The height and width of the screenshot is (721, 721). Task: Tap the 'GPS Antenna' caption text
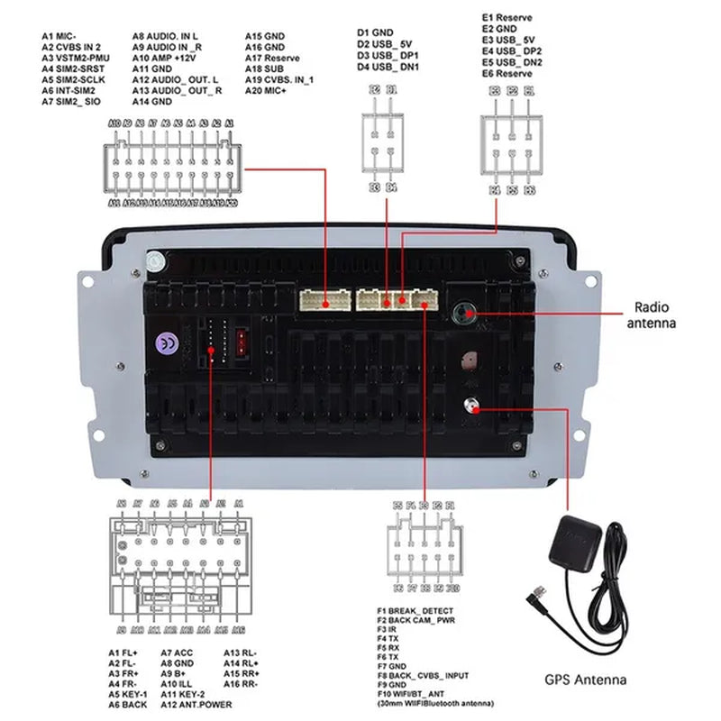coord(585,680)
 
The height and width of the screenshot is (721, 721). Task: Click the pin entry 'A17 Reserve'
coord(272,58)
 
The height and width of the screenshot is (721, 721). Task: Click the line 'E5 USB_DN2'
coord(512,62)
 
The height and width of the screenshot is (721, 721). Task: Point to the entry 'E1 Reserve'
coord(507,17)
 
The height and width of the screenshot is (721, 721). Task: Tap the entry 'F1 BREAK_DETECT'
coord(415,611)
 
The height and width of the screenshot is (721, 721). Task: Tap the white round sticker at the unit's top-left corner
coord(157,262)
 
